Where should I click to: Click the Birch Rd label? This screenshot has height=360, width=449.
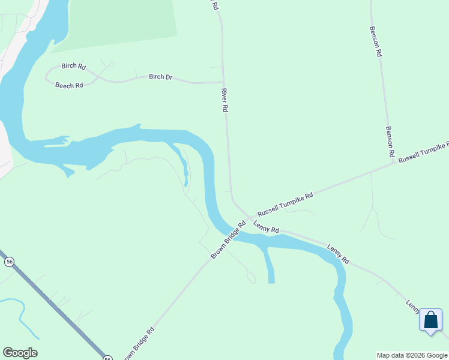73,66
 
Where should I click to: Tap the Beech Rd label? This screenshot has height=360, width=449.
69,86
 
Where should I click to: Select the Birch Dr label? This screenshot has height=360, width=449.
160,77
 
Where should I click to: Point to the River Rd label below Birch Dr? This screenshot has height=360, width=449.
224,101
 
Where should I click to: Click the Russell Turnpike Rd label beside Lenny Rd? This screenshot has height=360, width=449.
285,205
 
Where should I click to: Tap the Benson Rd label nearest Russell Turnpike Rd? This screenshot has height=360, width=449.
390,142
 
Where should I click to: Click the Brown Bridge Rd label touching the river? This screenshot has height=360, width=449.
228,241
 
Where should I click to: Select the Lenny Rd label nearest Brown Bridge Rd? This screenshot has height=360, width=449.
266,227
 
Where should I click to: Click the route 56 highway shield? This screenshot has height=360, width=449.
9,262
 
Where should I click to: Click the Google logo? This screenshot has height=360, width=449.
20,353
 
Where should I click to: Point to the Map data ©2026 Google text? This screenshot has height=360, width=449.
412,355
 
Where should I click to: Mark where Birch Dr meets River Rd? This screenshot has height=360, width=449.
223,82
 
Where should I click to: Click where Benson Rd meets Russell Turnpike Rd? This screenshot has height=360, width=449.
394,163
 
